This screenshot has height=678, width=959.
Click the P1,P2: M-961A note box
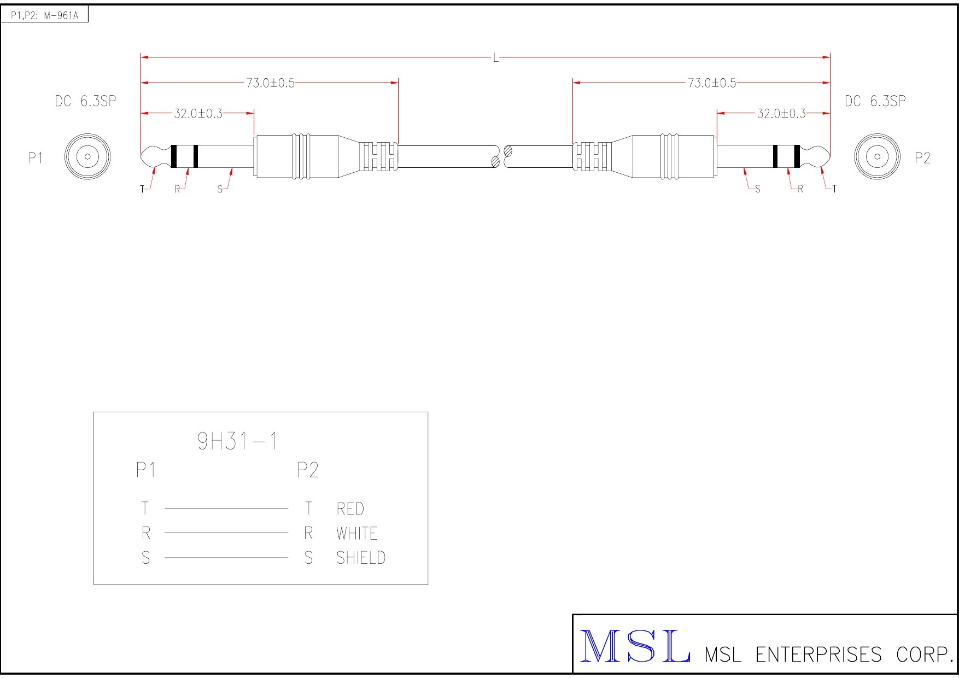point(44,14)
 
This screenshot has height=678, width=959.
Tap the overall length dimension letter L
point(496,58)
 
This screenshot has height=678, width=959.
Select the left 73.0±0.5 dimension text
point(270,83)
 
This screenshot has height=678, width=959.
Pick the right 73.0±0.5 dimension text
point(712,83)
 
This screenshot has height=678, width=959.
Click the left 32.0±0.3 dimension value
point(198,114)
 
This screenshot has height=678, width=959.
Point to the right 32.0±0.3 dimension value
point(781,114)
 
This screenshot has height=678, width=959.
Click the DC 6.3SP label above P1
point(85,101)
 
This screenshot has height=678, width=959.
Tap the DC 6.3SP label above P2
point(875,101)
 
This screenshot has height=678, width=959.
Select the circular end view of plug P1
point(87,157)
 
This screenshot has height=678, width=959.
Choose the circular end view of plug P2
point(877,157)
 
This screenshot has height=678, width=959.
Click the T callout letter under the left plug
point(143,189)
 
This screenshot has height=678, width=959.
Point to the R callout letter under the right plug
point(800,189)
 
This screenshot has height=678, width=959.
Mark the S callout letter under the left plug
point(220,189)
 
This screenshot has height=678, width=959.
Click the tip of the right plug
point(830,157)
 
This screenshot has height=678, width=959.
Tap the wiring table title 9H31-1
point(237,441)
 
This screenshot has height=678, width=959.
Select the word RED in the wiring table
point(350,509)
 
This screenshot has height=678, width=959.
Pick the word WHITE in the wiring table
point(357,534)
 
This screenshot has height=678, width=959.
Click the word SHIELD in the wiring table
point(361,558)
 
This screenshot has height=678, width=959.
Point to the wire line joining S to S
point(226,558)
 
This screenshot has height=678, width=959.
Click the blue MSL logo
point(635,646)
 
